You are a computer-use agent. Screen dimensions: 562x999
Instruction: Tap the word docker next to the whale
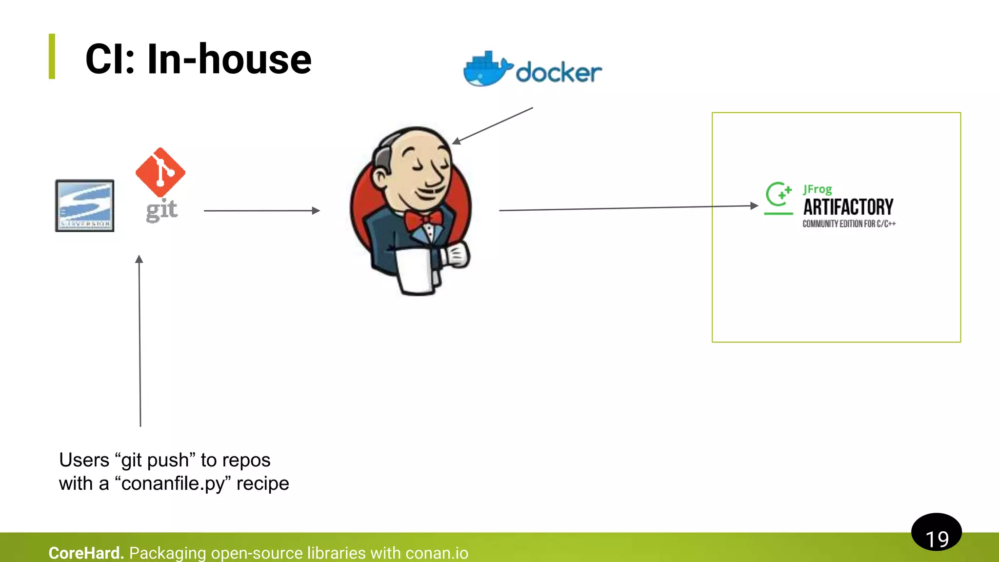pyautogui.click(x=559, y=73)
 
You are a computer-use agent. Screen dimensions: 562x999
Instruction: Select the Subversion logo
pyautogui.click(x=84, y=205)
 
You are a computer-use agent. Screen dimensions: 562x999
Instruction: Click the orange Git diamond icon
pyautogui.click(x=160, y=172)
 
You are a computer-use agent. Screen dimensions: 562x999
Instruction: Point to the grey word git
pyautogui.click(x=161, y=210)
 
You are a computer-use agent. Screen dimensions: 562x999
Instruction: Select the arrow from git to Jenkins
pyautogui.click(x=261, y=211)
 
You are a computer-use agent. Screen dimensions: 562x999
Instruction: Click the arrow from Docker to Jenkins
pyautogui.click(x=493, y=125)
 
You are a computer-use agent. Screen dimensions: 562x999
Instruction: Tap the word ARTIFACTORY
pyautogui.click(x=848, y=207)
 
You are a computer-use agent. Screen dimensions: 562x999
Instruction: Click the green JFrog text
pyautogui.click(x=818, y=189)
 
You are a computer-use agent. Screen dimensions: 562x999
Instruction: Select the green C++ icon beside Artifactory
pyautogui.click(x=779, y=198)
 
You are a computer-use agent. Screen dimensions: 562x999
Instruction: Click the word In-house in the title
pyautogui.click(x=229, y=60)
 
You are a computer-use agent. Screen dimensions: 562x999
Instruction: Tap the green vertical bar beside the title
pyautogui.click(x=52, y=56)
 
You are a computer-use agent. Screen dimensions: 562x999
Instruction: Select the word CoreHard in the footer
pyautogui.click(x=86, y=553)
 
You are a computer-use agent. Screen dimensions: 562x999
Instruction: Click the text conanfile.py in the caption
pyautogui.click(x=173, y=483)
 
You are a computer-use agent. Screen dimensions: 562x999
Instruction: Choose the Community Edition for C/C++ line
pyautogui.click(x=849, y=224)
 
